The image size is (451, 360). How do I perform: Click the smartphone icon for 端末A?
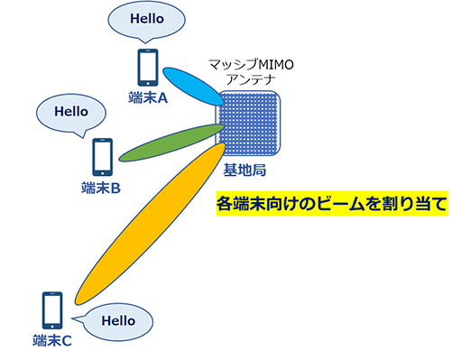point(148,68)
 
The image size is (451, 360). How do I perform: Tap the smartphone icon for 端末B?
point(103,157)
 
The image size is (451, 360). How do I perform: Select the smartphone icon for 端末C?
point(52,311)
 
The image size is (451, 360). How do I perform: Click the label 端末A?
point(148,97)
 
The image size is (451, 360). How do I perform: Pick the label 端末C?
point(51,340)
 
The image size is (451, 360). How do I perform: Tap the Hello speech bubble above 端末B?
point(71,114)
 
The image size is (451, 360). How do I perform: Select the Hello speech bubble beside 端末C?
point(116,320)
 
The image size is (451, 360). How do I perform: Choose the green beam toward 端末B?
point(170,137)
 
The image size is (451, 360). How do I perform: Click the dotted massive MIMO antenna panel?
point(253,125)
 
